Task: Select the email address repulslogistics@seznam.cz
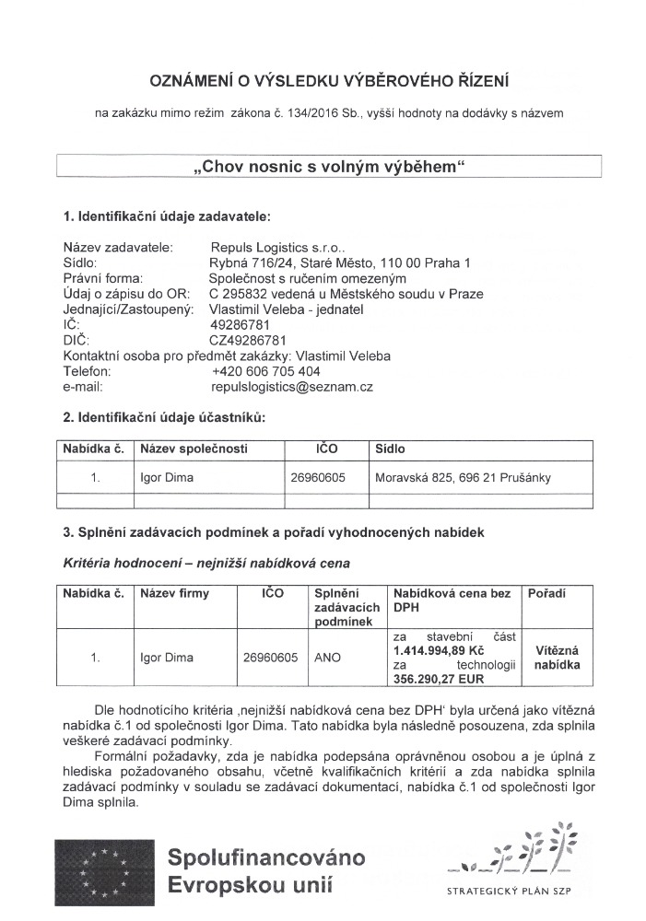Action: click(x=290, y=388)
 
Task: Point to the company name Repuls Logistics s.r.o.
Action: click(x=276, y=247)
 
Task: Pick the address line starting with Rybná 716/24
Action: click(x=340, y=262)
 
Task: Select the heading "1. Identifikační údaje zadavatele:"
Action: click(x=167, y=218)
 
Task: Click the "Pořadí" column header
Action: click(x=546, y=594)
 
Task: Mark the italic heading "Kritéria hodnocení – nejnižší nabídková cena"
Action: click(x=206, y=562)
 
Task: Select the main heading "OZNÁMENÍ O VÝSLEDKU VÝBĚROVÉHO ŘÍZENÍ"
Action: click(x=329, y=81)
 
